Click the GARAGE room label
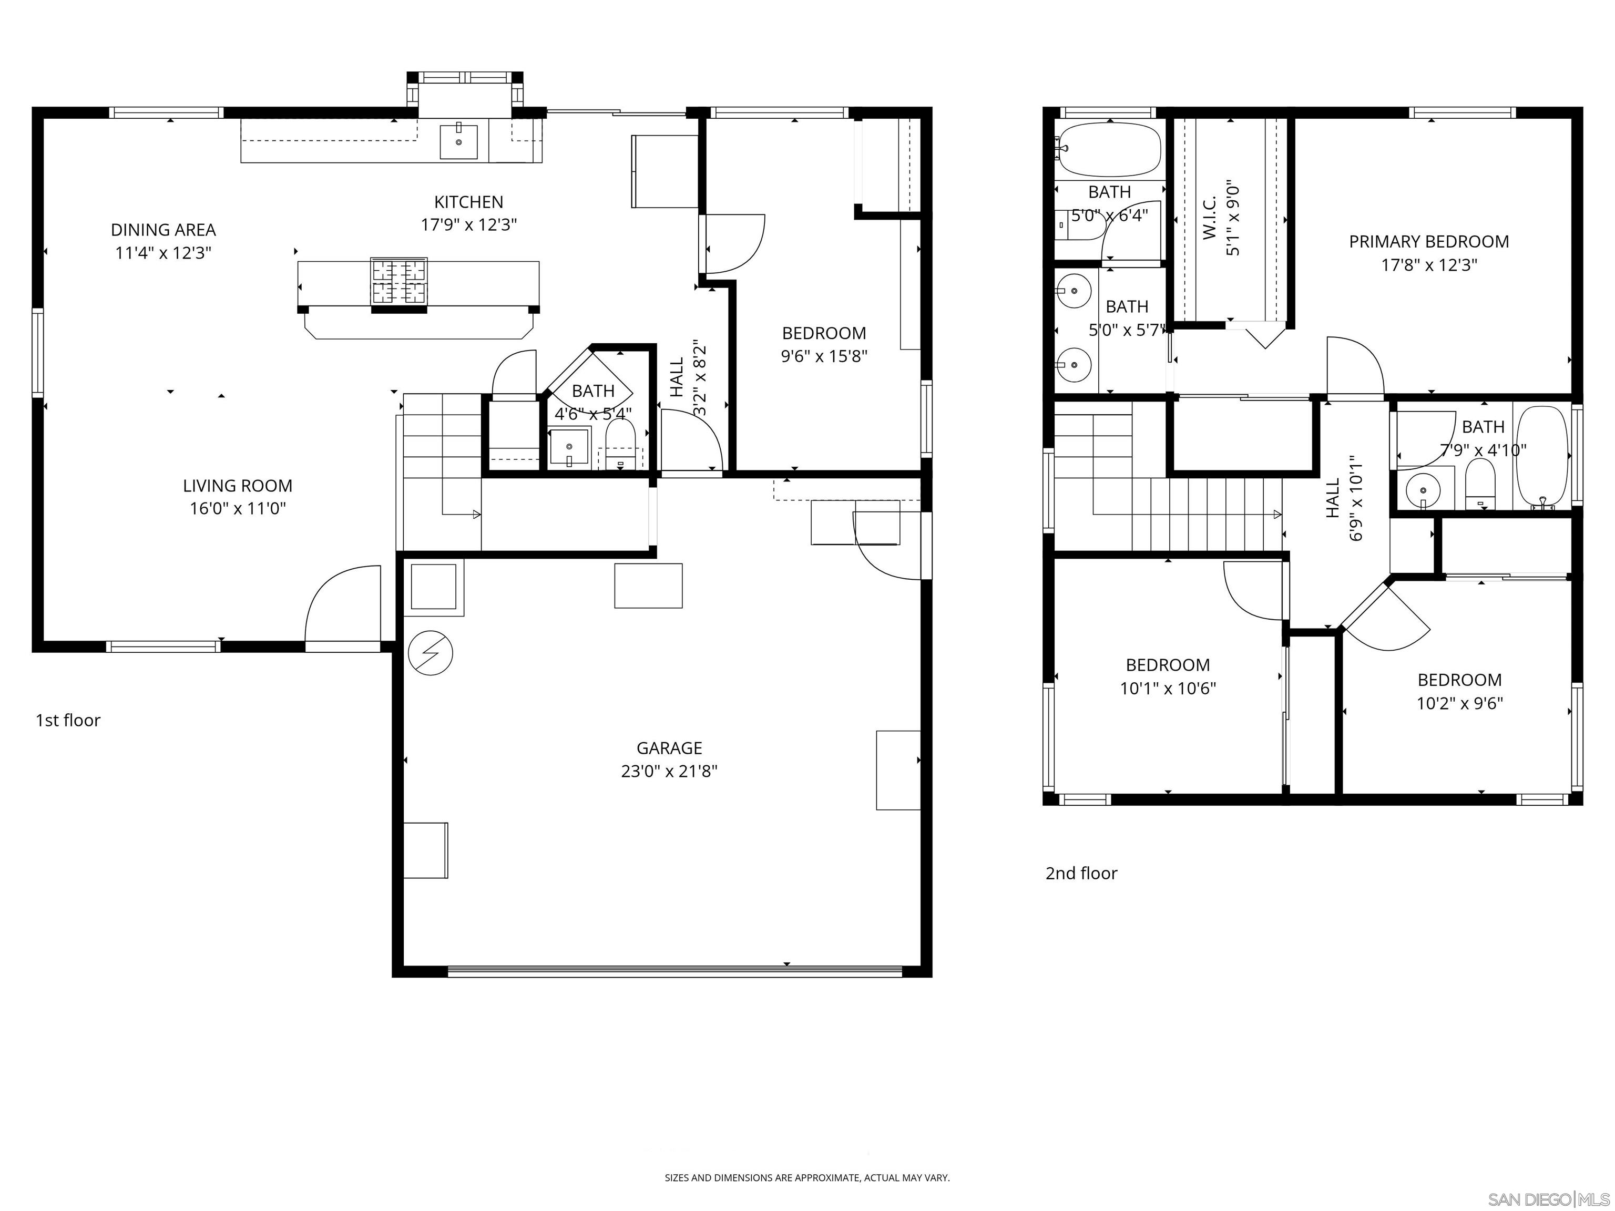[x=669, y=747]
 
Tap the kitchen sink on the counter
[x=458, y=141]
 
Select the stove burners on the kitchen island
[x=398, y=281]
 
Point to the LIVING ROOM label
[x=237, y=486]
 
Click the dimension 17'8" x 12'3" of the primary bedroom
[x=1429, y=265]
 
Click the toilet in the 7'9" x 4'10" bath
[x=1480, y=483]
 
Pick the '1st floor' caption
[x=68, y=721]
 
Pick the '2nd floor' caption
[x=1081, y=873]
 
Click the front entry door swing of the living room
[x=342, y=606]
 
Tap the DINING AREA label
[x=163, y=230]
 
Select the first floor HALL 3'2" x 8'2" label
[x=687, y=377]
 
